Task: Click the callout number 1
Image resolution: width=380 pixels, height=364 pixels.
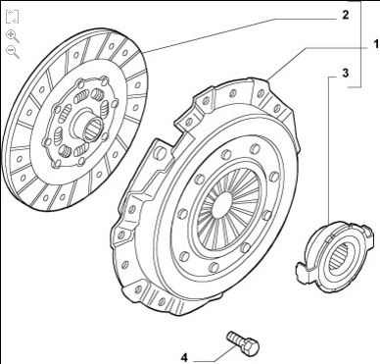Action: pyautogui.click(x=376, y=44)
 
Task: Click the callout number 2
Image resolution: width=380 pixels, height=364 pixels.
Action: pyautogui.click(x=346, y=15)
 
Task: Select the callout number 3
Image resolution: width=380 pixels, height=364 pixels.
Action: pyautogui.click(x=346, y=73)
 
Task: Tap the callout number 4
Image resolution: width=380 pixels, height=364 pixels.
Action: pyautogui.click(x=184, y=358)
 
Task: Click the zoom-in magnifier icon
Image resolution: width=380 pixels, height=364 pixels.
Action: pyautogui.click(x=13, y=36)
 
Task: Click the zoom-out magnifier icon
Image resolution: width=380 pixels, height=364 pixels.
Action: pyautogui.click(x=13, y=52)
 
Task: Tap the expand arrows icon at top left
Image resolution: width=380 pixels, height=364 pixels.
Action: pyautogui.click(x=12, y=17)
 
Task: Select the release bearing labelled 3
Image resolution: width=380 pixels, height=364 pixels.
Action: pyautogui.click(x=334, y=255)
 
